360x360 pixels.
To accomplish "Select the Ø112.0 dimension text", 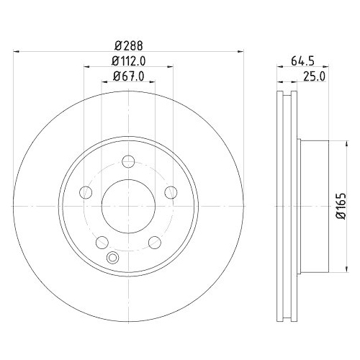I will pyautogui.click(x=128, y=60).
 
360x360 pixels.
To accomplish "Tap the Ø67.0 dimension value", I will pyautogui.click(x=128, y=76).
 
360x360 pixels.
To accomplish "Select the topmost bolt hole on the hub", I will pyautogui.click(x=128, y=160).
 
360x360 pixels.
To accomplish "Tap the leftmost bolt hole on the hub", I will pyautogui.click(x=86, y=192).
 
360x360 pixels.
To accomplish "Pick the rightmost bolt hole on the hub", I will pyautogui.click(x=171, y=192).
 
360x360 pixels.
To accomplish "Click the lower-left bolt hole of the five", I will pyautogui.click(x=102, y=241).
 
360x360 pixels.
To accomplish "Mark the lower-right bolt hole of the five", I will pyautogui.click(x=154, y=241).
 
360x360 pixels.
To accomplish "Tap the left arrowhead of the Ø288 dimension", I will pyautogui.click(x=18, y=51).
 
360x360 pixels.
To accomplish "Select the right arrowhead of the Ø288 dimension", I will pyautogui.click(x=238, y=51).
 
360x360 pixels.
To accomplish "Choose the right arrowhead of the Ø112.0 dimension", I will pyautogui.click(x=169, y=68).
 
